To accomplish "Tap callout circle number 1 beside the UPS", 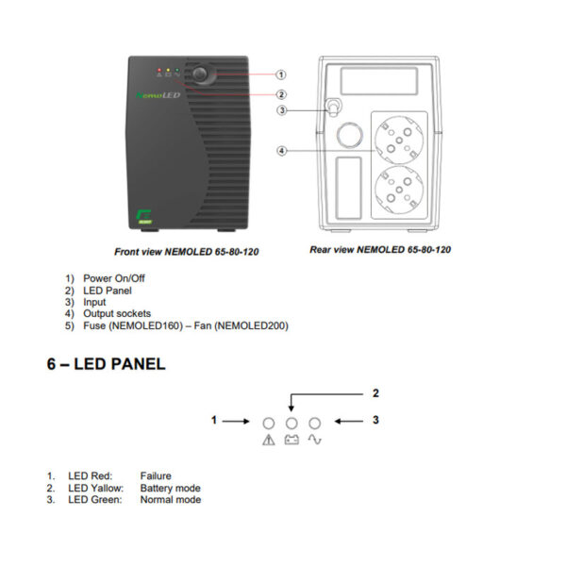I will tap(282, 74).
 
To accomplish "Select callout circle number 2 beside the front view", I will tap(282, 94).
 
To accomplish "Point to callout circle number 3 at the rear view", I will tap(282, 110).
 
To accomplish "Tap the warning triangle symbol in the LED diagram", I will tap(269, 441).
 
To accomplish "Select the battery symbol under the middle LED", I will tap(291, 441).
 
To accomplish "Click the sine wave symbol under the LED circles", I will tap(315, 441).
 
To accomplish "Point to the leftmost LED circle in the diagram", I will tap(269, 423).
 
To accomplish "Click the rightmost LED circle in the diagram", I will tap(315, 423).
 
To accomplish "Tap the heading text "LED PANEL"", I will tap(106, 364).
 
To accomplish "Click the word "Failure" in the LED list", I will tap(156, 476).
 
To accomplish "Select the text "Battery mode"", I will tap(170, 488).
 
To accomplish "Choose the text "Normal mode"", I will tap(170, 499).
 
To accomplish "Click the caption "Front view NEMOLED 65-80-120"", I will tap(186, 252).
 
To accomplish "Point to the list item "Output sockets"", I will tap(117, 313).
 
